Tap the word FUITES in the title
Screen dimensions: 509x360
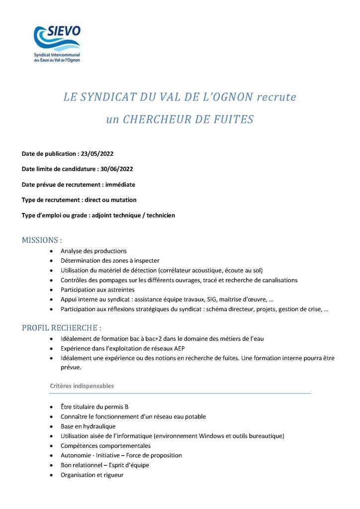pyautogui.click(x=231, y=119)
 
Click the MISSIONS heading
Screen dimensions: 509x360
pyautogui.click(x=42, y=240)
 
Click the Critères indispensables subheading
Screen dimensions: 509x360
pyautogui.click(x=82, y=386)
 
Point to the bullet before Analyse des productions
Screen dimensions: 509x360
pyautogui.click(x=52, y=251)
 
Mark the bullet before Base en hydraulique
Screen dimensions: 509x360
pyautogui.click(x=52, y=426)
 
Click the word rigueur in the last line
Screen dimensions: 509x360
pyautogui.click(x=113, y=475)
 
